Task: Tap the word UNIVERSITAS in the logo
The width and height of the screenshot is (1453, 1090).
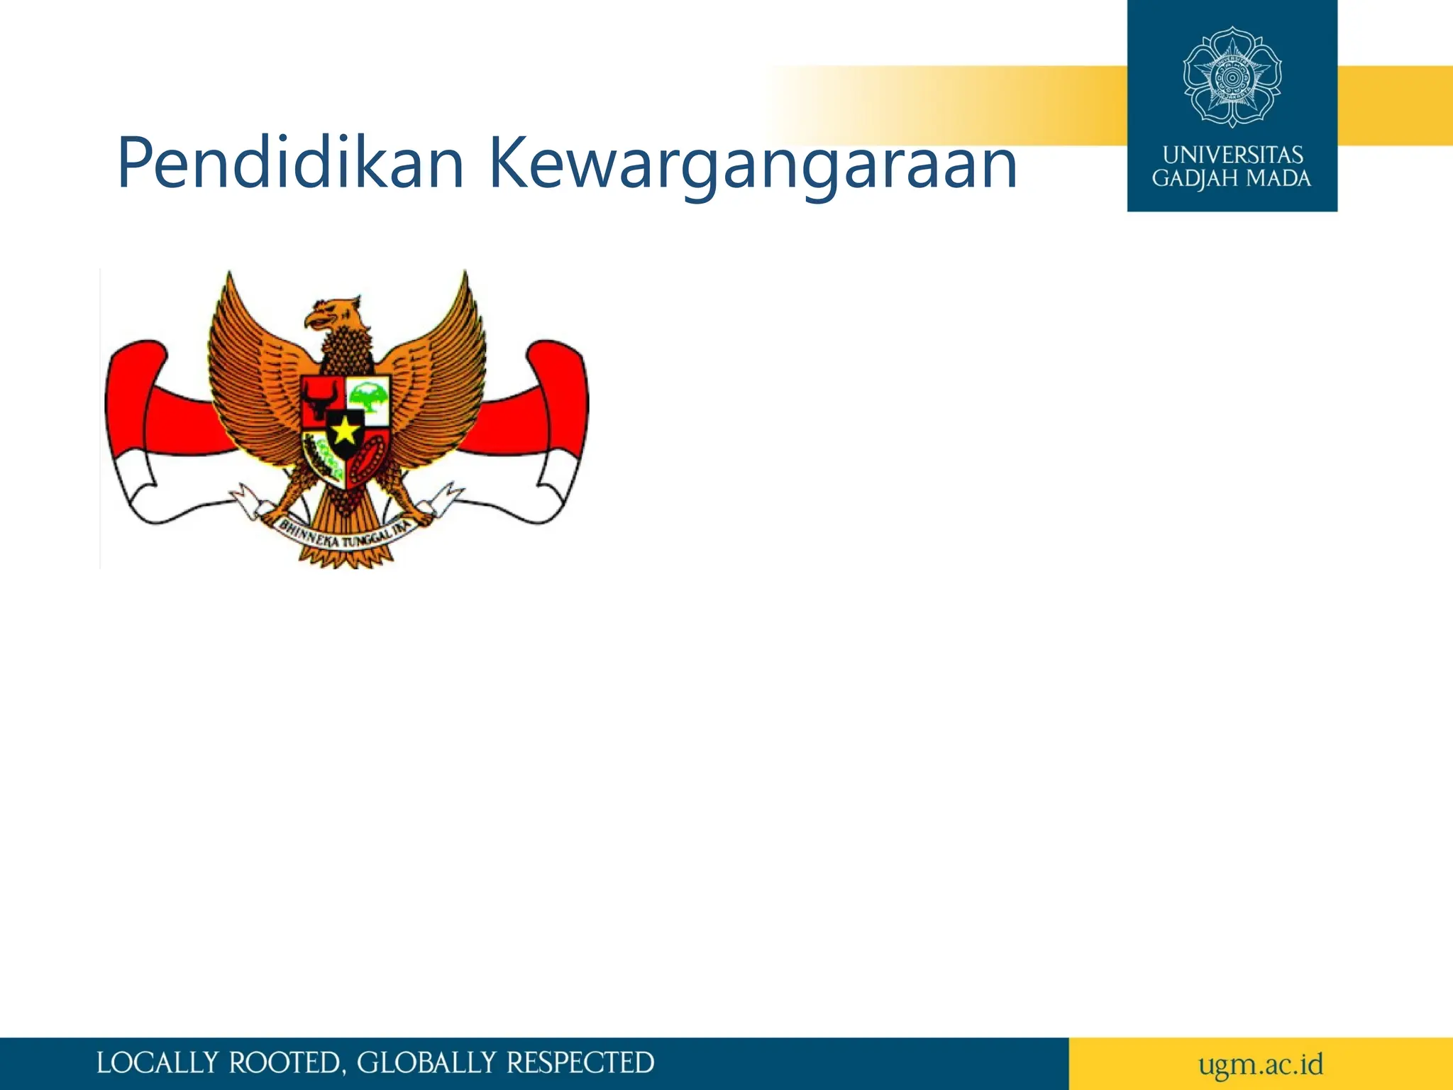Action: point(1232,155)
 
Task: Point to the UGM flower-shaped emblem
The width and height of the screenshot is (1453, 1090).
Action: point(1232,77)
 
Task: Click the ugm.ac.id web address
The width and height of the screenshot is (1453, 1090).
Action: point(1260,1064)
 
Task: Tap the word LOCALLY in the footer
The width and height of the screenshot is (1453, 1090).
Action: point(157,1063)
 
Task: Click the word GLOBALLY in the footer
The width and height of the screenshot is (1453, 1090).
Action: point(426,1063)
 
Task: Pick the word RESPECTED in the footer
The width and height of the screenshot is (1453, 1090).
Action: point(580,1063)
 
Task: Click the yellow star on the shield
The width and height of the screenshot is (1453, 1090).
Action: point(346,430)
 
